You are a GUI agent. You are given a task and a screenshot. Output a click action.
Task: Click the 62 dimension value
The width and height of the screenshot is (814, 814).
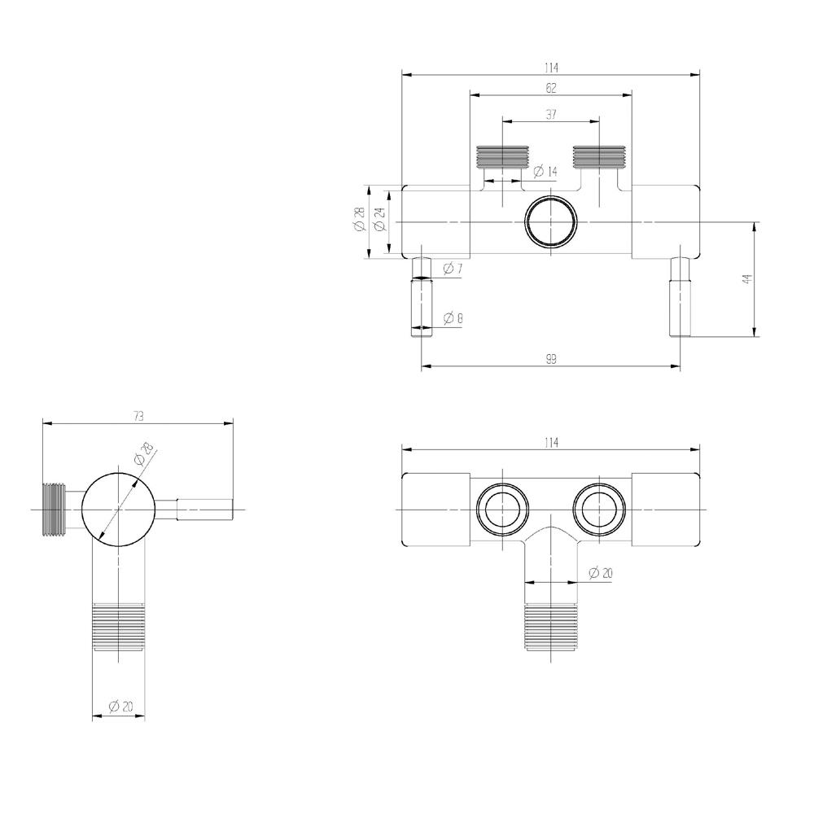[551, 88]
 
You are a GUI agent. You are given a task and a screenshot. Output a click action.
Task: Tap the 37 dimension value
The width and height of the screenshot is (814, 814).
[551, 114]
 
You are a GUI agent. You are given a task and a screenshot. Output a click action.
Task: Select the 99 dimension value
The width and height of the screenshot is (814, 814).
[551, 359]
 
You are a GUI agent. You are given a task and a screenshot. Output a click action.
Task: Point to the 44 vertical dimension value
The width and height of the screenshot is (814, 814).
[747, 278]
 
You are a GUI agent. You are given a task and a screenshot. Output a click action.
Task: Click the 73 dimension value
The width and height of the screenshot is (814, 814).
[138, 416]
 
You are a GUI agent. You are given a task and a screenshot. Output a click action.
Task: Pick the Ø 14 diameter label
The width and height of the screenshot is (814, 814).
[545, 171]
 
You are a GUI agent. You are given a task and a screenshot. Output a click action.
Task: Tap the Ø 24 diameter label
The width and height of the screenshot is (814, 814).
[379, 219]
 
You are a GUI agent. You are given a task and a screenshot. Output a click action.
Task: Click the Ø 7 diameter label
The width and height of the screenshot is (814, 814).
[453, 269]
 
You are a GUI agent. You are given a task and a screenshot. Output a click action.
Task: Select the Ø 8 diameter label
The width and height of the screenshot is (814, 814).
[453, 317]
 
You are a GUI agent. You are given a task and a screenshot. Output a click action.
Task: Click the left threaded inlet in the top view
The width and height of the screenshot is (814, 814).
[502, 157]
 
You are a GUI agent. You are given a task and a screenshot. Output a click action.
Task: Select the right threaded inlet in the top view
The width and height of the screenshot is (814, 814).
[599, 157]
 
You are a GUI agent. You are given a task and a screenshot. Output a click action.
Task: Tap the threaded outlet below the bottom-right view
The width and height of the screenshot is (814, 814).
[551, 627]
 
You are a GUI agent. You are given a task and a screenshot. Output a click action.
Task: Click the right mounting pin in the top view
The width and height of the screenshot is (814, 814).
[680, 297]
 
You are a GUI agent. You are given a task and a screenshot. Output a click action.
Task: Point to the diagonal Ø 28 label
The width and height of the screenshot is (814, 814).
[143, 453]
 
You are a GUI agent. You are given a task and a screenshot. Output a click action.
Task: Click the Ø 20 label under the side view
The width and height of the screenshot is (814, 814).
[121, 706]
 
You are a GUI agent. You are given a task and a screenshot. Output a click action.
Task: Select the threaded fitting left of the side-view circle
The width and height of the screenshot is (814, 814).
[54, 510]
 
